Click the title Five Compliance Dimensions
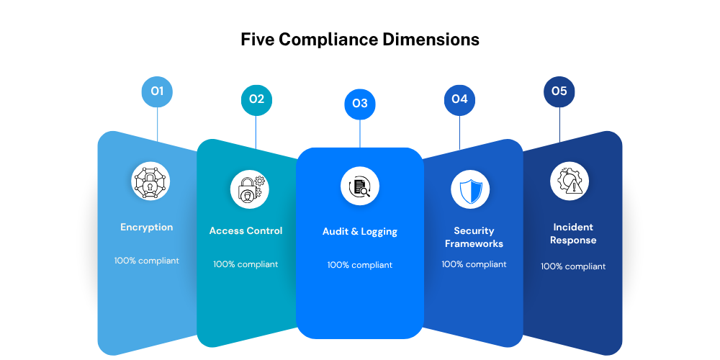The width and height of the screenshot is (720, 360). click(360, 39)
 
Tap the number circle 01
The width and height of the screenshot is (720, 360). click(157, 91)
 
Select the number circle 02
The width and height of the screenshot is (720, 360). click(256, 99)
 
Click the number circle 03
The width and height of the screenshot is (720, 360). click(360, 104)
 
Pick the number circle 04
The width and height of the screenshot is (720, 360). click(459, 99)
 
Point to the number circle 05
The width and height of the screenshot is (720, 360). click(559, 91)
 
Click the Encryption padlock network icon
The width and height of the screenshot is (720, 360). click(150, 181)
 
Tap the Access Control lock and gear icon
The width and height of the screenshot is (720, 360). click(249, 189)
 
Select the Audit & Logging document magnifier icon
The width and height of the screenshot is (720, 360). click(360, 186)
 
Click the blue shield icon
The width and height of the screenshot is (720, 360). click(470, 189)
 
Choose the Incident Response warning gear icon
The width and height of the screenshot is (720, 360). click(569, 181)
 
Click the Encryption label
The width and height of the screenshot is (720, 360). click(147, 228)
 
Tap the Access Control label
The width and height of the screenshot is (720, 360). click(246, 231)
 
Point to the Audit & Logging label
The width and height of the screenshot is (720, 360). click(360, 232)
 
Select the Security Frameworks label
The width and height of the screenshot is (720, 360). click(474, 237)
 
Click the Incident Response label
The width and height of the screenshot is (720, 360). click(573, 233)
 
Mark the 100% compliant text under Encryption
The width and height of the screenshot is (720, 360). click(147, 261)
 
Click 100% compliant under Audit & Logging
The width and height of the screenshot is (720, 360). click(360, 265)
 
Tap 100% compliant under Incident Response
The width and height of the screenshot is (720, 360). click(573, 266)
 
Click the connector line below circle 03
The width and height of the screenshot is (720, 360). click(360, 132)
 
